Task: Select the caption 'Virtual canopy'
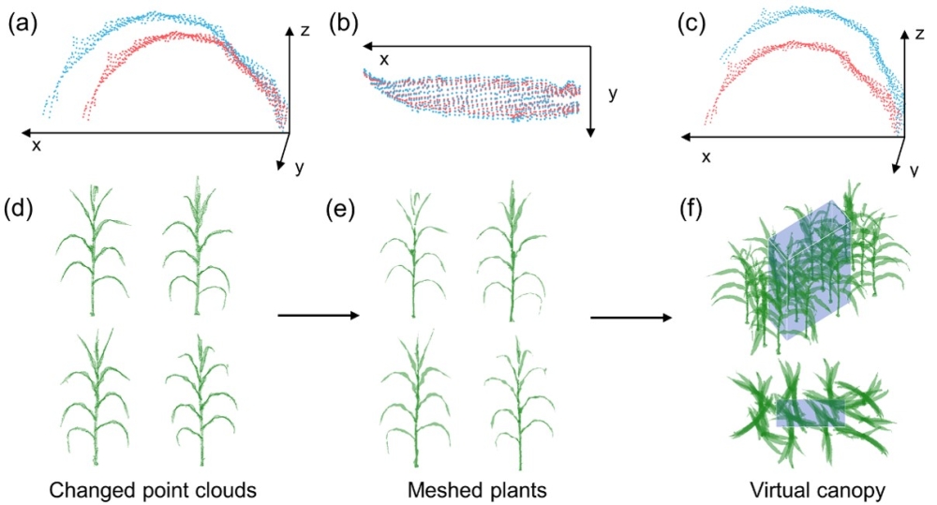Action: point(809,488)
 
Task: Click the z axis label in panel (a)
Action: point(305,31)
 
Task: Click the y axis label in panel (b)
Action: point(612,95)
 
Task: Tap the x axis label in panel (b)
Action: point(383,60)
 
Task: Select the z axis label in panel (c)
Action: point(920,35)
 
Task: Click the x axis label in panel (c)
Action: point(706,156)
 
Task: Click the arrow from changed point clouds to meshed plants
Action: point(319,316)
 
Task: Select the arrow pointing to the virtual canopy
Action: point(631,318)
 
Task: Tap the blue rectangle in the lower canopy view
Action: point(811,412)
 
